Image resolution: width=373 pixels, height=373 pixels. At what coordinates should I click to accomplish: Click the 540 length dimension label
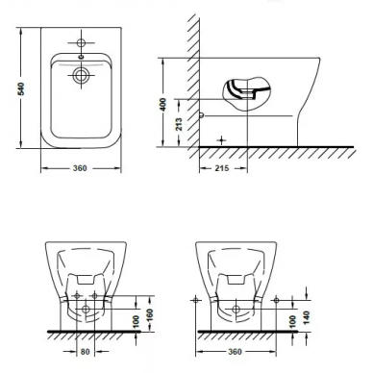click(x=21, y=88)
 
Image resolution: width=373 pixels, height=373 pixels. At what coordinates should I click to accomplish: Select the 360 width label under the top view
click(x=80, y=168)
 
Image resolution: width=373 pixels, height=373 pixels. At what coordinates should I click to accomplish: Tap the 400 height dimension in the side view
click(x=163, y=105)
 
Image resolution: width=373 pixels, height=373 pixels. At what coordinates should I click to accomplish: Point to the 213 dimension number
click(x=179, y=124)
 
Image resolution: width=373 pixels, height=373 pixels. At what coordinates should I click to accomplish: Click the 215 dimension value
click(x=222, y=168)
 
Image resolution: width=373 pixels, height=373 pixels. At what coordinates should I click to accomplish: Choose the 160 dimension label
click(x=149, y=315)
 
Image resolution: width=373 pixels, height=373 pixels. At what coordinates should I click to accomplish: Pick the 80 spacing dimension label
click(x=85, y=352)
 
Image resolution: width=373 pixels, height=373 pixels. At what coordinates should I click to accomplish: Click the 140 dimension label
click(x=307, y=317)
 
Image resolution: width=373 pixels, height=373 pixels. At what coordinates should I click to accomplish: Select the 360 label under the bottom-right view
click(x=235, y=352)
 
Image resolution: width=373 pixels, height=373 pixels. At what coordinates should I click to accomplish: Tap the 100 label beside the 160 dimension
click(x=136, y=322)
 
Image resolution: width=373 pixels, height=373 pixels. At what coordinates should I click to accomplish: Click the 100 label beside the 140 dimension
click(x=292, y=322)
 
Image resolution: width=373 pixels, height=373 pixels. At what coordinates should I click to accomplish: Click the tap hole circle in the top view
click(x=81, y=42)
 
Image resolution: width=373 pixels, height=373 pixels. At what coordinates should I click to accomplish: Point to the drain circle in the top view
click(x=81, y=75)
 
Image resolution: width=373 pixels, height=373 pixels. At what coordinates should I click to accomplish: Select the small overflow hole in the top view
click(x=81, y=58)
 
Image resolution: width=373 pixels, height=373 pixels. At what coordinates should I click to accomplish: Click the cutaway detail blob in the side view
click(x=246, y=94)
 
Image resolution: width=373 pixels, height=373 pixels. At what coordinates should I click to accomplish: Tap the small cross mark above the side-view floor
click(x=221, y=140)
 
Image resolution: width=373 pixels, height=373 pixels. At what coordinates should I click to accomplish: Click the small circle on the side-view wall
click(x=201, y=115)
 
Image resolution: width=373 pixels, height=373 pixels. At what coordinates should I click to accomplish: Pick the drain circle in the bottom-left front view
click(x=86, y=310)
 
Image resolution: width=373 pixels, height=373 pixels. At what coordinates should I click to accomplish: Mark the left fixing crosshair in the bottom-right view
click(x=195, y=300)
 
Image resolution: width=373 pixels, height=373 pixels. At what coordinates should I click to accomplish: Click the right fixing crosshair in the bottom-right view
click(x=276, y=300)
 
